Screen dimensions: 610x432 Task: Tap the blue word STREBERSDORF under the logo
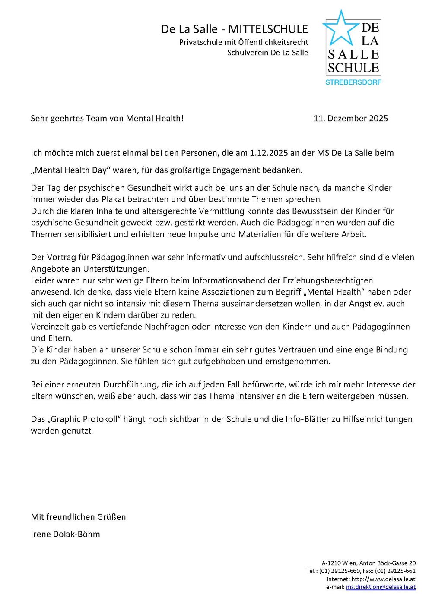point(353,82)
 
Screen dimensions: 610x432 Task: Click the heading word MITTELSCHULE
point(268,29)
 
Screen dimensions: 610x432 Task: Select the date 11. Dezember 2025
point(350,119)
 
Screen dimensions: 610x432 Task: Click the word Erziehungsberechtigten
point(330,280)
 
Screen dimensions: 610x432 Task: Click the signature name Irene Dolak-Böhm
point(65,534)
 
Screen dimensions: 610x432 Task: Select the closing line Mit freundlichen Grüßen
point(78,517)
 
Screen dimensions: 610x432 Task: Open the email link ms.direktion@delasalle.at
point(381,587)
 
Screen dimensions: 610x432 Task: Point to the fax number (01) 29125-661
point(395,571)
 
